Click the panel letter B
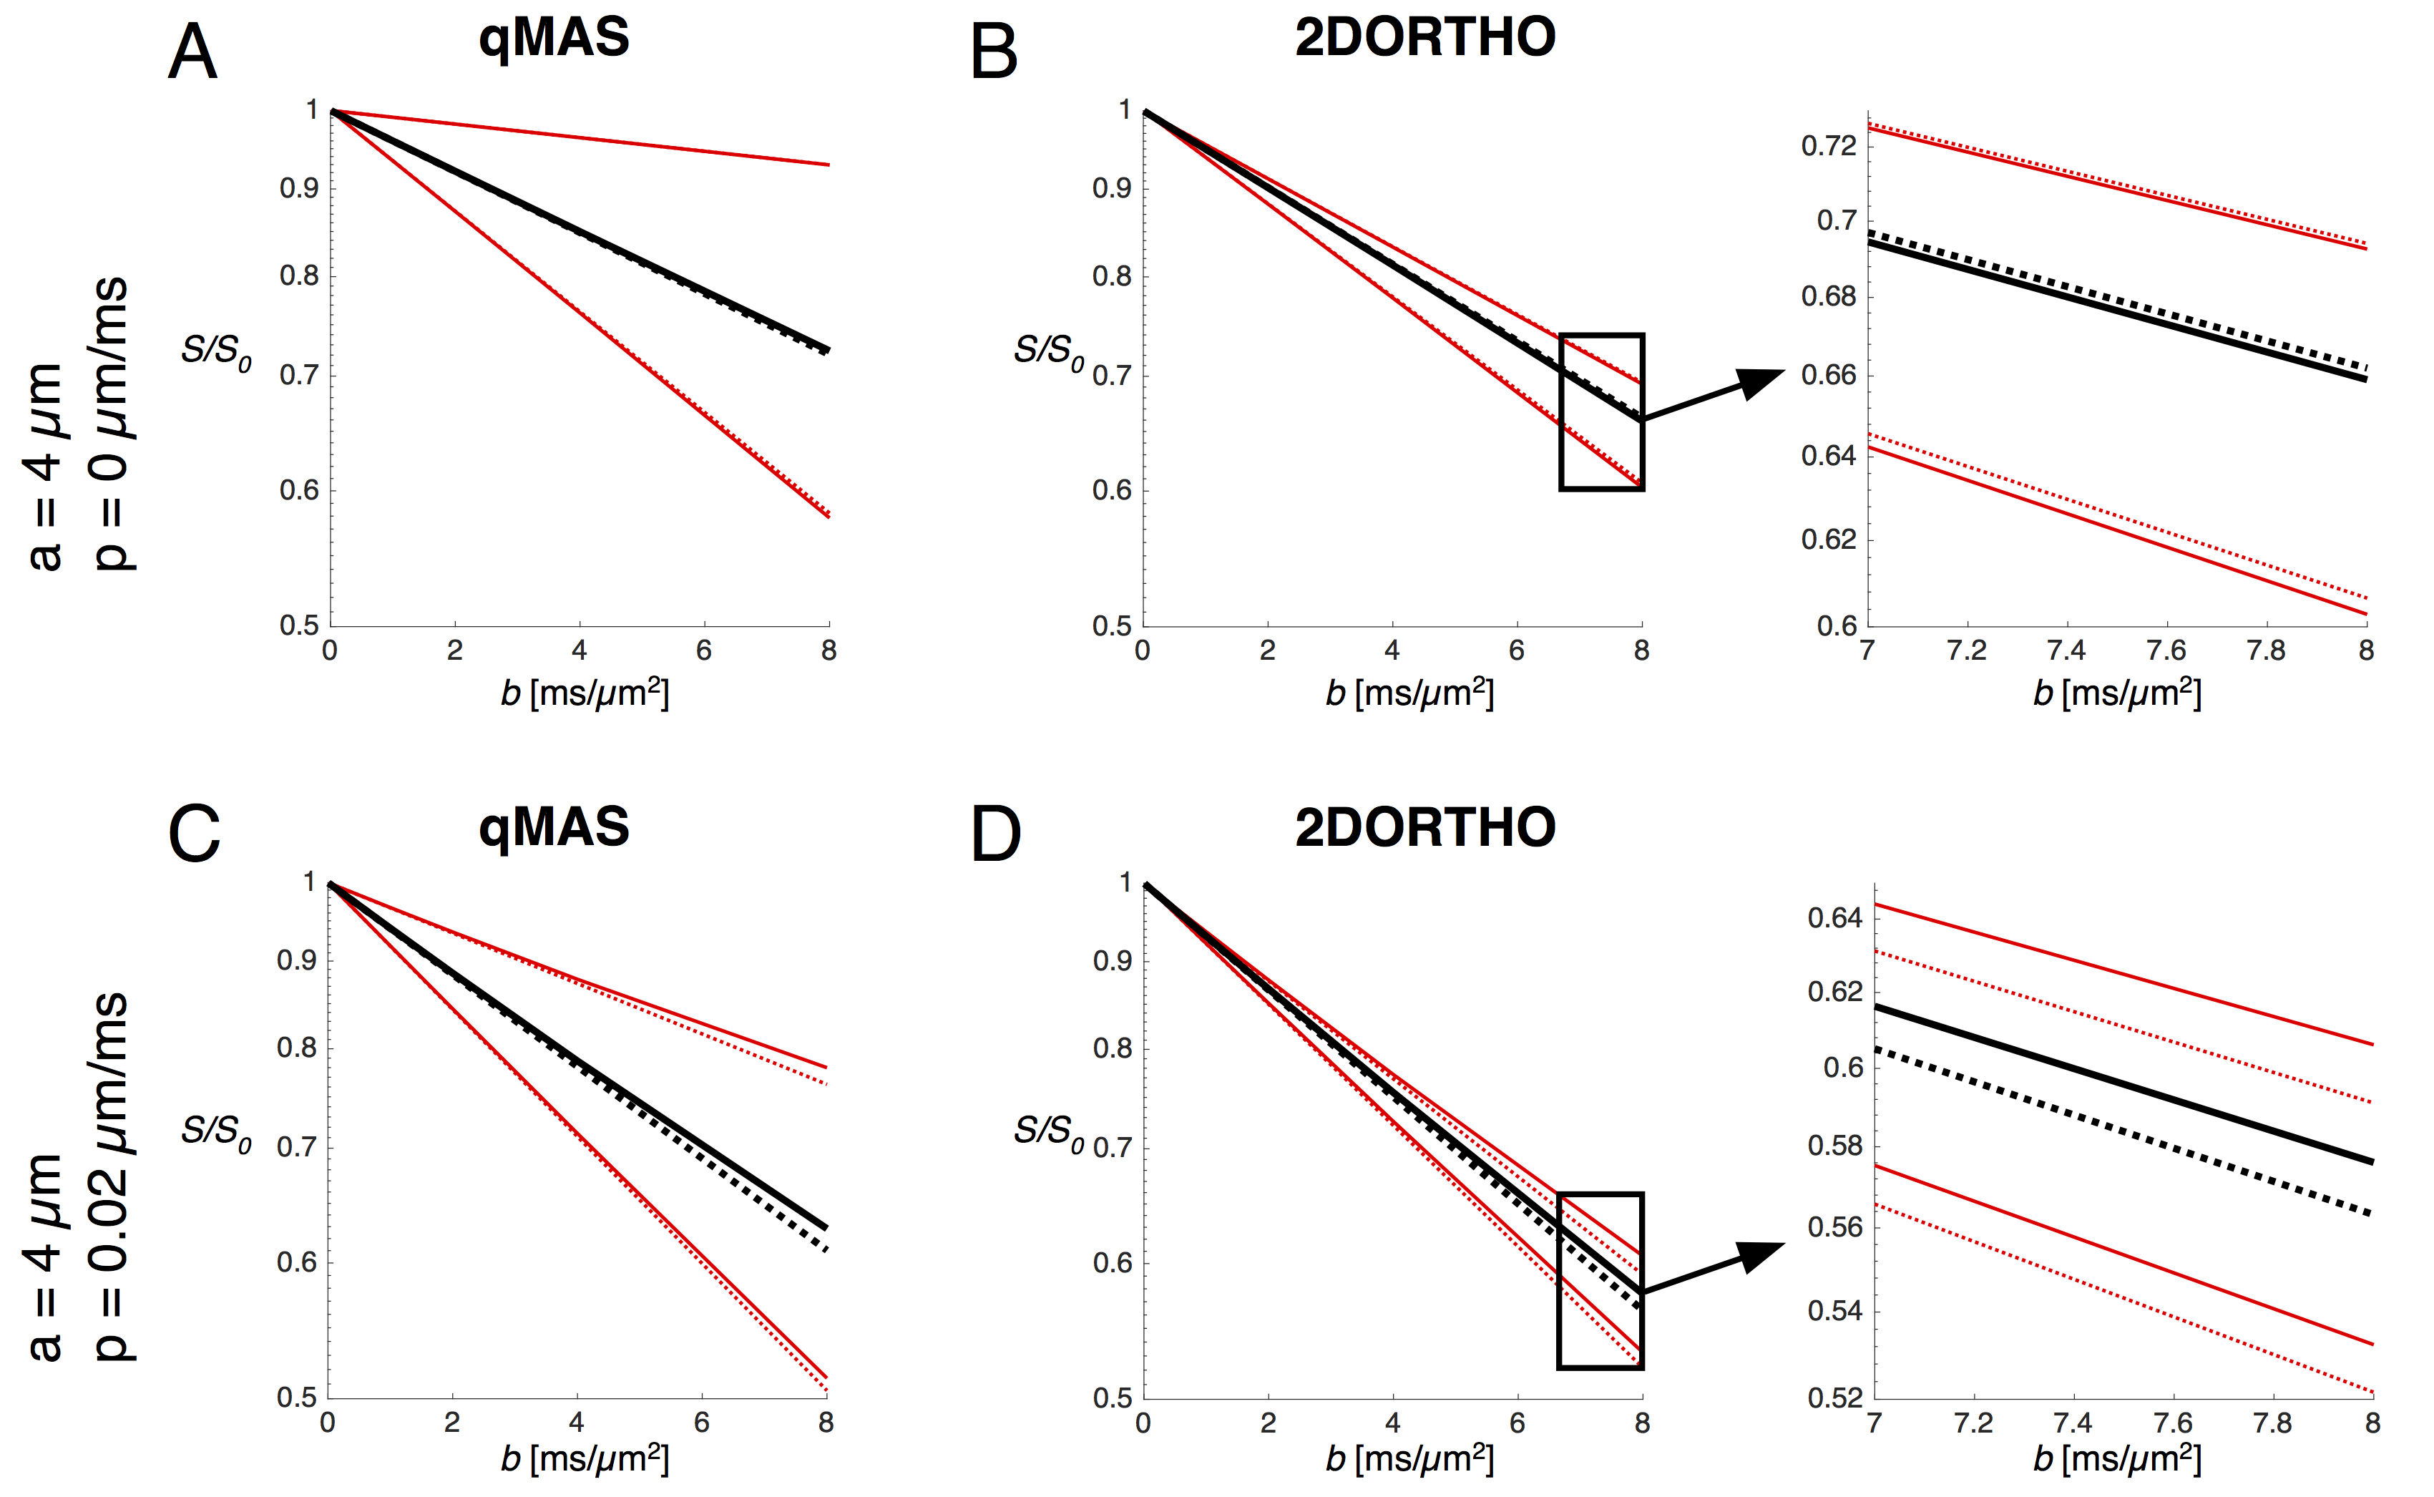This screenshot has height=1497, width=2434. click(x=994, y=52)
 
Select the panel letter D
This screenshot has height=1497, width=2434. click(x=996, y=834)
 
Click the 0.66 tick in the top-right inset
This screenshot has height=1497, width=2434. click(x=1828, y=375)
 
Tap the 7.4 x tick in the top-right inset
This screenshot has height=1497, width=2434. click(x=2066, y=651)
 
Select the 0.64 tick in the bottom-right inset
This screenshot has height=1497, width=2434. click(x=1835, y=918)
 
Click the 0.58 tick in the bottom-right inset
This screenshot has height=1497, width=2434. click(x=1835, y=1146)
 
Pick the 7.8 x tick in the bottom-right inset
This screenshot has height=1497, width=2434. click(x=2272, y=1424)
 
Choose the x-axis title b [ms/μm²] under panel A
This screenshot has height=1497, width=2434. click(x=584, y=693)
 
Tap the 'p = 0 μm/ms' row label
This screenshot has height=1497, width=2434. click(x=111, y=424)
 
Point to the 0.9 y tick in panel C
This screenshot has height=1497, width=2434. click(x=296, y=960)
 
